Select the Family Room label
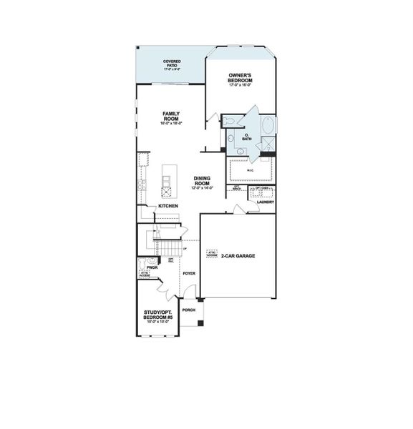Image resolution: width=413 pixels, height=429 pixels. pos(171,117)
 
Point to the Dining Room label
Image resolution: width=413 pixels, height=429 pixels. pos(203,181)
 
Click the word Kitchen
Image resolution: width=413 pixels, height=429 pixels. pos(168,207)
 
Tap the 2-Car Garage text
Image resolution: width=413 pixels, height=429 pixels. pos(238,255)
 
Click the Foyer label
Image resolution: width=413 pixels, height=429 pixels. pos(189,274)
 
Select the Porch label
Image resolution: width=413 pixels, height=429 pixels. pos(189,310)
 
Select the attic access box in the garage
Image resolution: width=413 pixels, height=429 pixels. pos(212,254)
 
